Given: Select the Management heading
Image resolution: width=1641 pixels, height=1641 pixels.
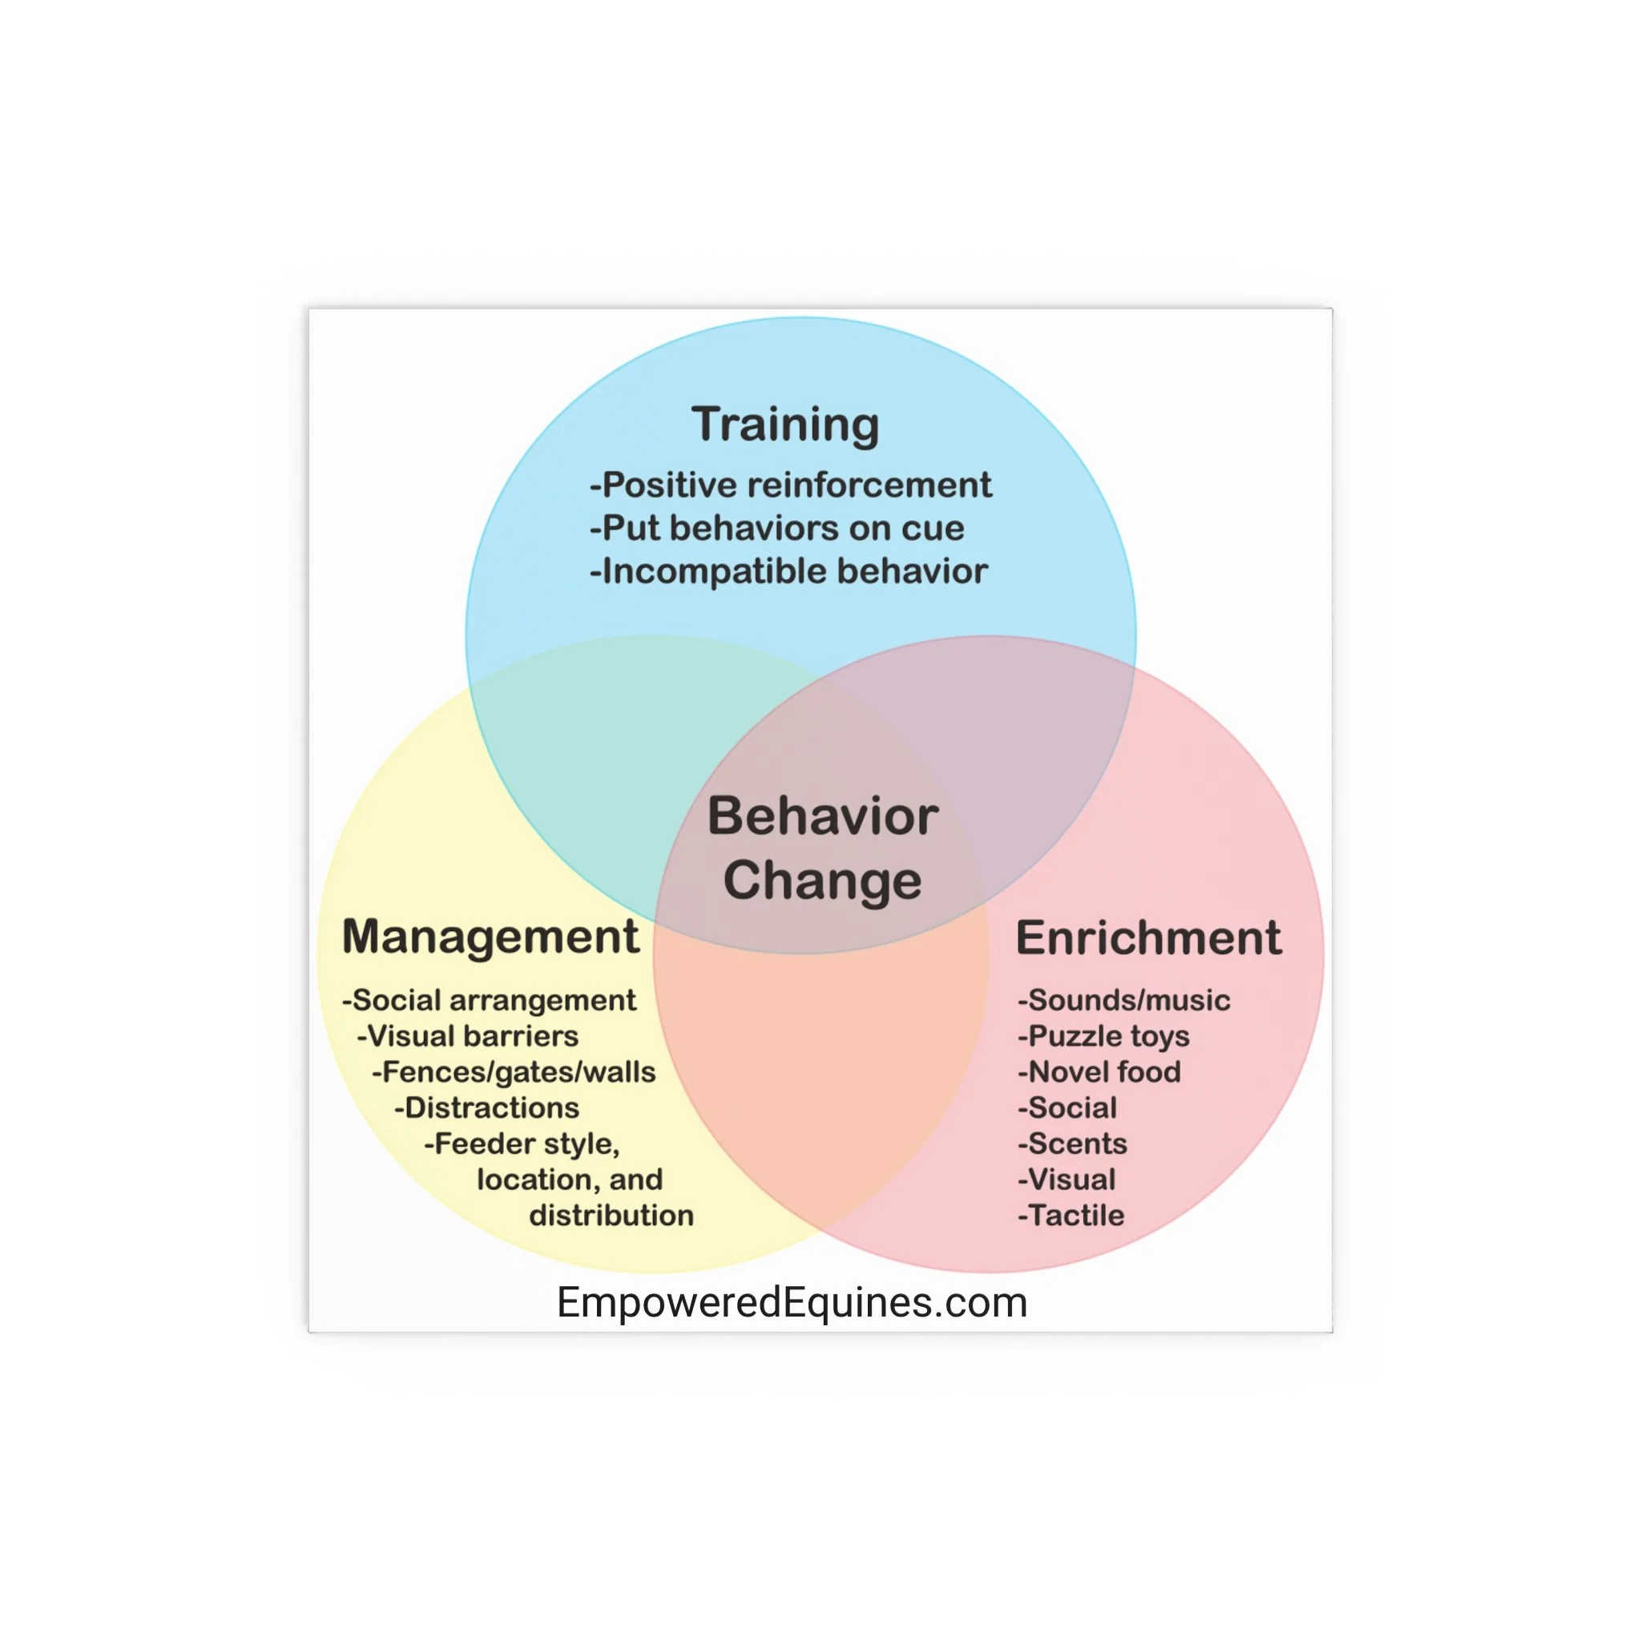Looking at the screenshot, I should pyautogui.click(x=490, y=937).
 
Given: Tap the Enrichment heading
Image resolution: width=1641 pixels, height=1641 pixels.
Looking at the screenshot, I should pyautogui.click(x=1148, y=937).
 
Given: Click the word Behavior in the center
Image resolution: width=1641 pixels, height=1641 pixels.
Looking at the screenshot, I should pyautogui.click(x=822, y=816).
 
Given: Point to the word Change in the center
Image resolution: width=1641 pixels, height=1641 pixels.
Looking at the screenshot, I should pyautogui.click(x=822, y=880).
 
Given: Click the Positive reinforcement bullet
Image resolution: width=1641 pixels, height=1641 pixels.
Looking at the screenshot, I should pyautogui.click(x=791, y=485).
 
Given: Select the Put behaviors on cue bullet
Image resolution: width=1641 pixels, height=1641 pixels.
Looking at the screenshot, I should pyautogui.click(x=777, y=528).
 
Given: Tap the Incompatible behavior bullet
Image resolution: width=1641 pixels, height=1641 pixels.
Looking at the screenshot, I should pyautogui.click(x=789, y=571).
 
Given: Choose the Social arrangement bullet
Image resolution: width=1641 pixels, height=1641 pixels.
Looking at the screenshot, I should pyautogui.click(x=490, y=1000).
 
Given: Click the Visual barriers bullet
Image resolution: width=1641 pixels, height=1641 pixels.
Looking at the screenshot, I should pyautogui.click(x=468, y=1035).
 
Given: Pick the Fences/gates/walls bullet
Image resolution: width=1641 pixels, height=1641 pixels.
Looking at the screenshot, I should pyautogui.click(x=514, y=1072).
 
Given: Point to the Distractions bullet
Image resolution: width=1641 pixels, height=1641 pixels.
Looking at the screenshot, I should pyautogui.click(x=486, y=1107).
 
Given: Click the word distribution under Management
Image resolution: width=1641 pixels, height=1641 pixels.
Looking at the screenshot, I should pyautogui.click(x=611, y=1216).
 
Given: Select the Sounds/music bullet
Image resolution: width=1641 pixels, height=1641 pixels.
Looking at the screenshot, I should pyautogui.click(x=1123, y=1000).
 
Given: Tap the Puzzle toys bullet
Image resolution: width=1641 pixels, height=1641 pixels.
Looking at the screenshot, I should pyautogui.click(x=1103, y=1036).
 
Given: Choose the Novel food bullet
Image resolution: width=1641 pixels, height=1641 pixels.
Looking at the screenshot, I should pyautogui.click(x=1099, y=1072).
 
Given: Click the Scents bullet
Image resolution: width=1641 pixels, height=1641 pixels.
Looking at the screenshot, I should pyautogui.click(x=1072, y=1143).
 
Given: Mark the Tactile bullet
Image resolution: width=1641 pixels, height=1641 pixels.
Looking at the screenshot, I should pyautogui.click(x=1071, y=1216).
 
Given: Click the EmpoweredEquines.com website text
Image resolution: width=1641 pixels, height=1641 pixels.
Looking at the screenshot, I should pyautogui.click(x=792, y=1303).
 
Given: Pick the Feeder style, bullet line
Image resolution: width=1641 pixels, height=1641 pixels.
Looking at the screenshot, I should pyautogui.click(x=522, y=1144).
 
